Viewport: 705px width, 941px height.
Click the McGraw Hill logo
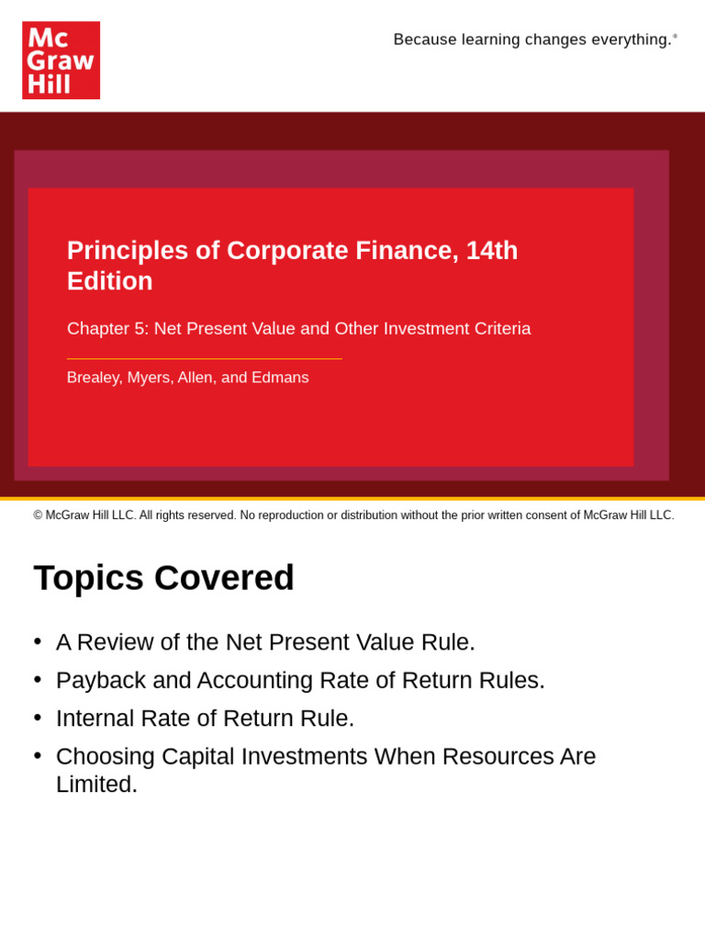pos(61,61)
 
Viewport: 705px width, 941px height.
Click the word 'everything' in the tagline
pos(632,40)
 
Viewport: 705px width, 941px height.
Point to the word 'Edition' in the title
pos(110,281)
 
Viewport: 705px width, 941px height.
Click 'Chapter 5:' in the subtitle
pos(107,329)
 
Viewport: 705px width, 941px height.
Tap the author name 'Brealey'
pos(94,378)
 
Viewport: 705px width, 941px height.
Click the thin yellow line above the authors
pos(204,358)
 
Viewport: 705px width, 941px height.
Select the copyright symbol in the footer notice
pos(39,516)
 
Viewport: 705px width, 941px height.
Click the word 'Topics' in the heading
pos(88,578)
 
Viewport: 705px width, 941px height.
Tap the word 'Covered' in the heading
pos(224,578)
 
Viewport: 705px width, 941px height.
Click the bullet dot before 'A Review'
pos(38,641)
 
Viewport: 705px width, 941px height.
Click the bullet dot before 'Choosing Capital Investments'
pos(38,754)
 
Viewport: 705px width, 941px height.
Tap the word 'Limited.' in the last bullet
pos(96,785)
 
